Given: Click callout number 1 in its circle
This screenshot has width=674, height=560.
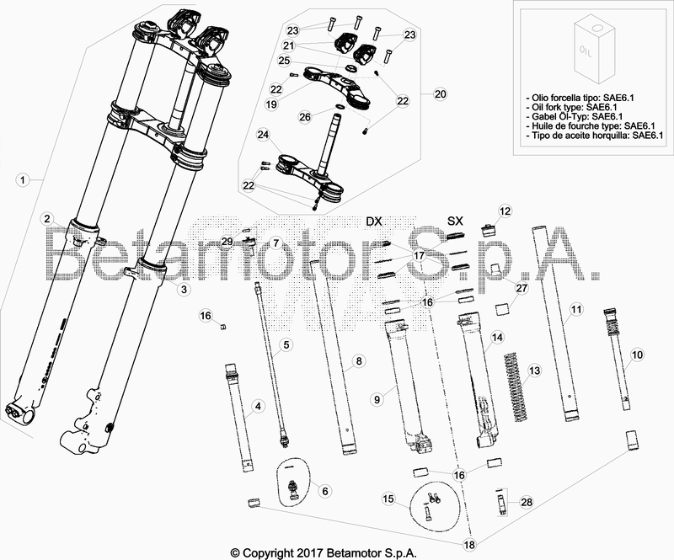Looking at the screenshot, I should coord(23,179).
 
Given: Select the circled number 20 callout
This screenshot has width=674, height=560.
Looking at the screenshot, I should coord(438,93).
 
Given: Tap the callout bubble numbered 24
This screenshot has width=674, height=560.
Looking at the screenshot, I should coord(264,135).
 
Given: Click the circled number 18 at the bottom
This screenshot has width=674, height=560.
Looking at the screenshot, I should coord(469,546).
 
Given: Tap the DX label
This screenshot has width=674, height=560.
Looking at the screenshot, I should coord(375,221).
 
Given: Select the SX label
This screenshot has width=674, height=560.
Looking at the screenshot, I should coord(455,221).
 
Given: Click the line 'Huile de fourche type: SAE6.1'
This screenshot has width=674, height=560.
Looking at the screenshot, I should coord(582,125).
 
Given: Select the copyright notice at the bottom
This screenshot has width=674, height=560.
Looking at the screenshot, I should coord(336,552).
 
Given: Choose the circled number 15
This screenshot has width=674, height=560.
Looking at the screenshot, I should coord(388,499).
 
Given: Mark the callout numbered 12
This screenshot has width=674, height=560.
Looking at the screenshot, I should coord(505,211).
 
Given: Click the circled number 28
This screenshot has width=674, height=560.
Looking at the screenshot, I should coord(527,503).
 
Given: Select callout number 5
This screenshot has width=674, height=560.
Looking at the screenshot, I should coord(286,344).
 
